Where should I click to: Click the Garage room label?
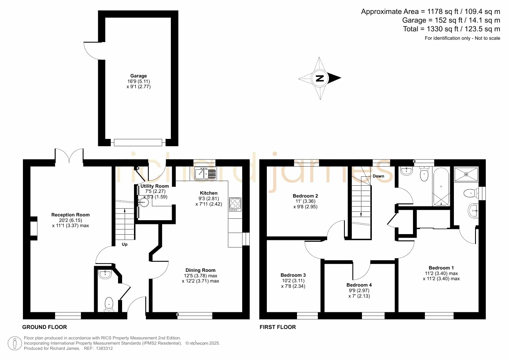138,76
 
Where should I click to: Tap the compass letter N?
320,78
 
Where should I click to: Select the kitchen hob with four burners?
235,204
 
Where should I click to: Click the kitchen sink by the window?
206,173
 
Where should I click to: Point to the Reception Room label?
70,215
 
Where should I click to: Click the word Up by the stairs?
125,244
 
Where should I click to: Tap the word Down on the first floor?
378,176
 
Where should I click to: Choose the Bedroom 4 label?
359,285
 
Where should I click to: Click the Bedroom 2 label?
305,196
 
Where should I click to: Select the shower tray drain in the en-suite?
466,174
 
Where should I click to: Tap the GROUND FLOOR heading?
45,327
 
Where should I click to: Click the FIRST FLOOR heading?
278,327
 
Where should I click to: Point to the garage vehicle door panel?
138,142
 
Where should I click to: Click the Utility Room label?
155,186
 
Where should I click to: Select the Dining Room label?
200,270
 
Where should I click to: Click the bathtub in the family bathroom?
441,187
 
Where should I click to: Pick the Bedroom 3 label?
293,275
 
